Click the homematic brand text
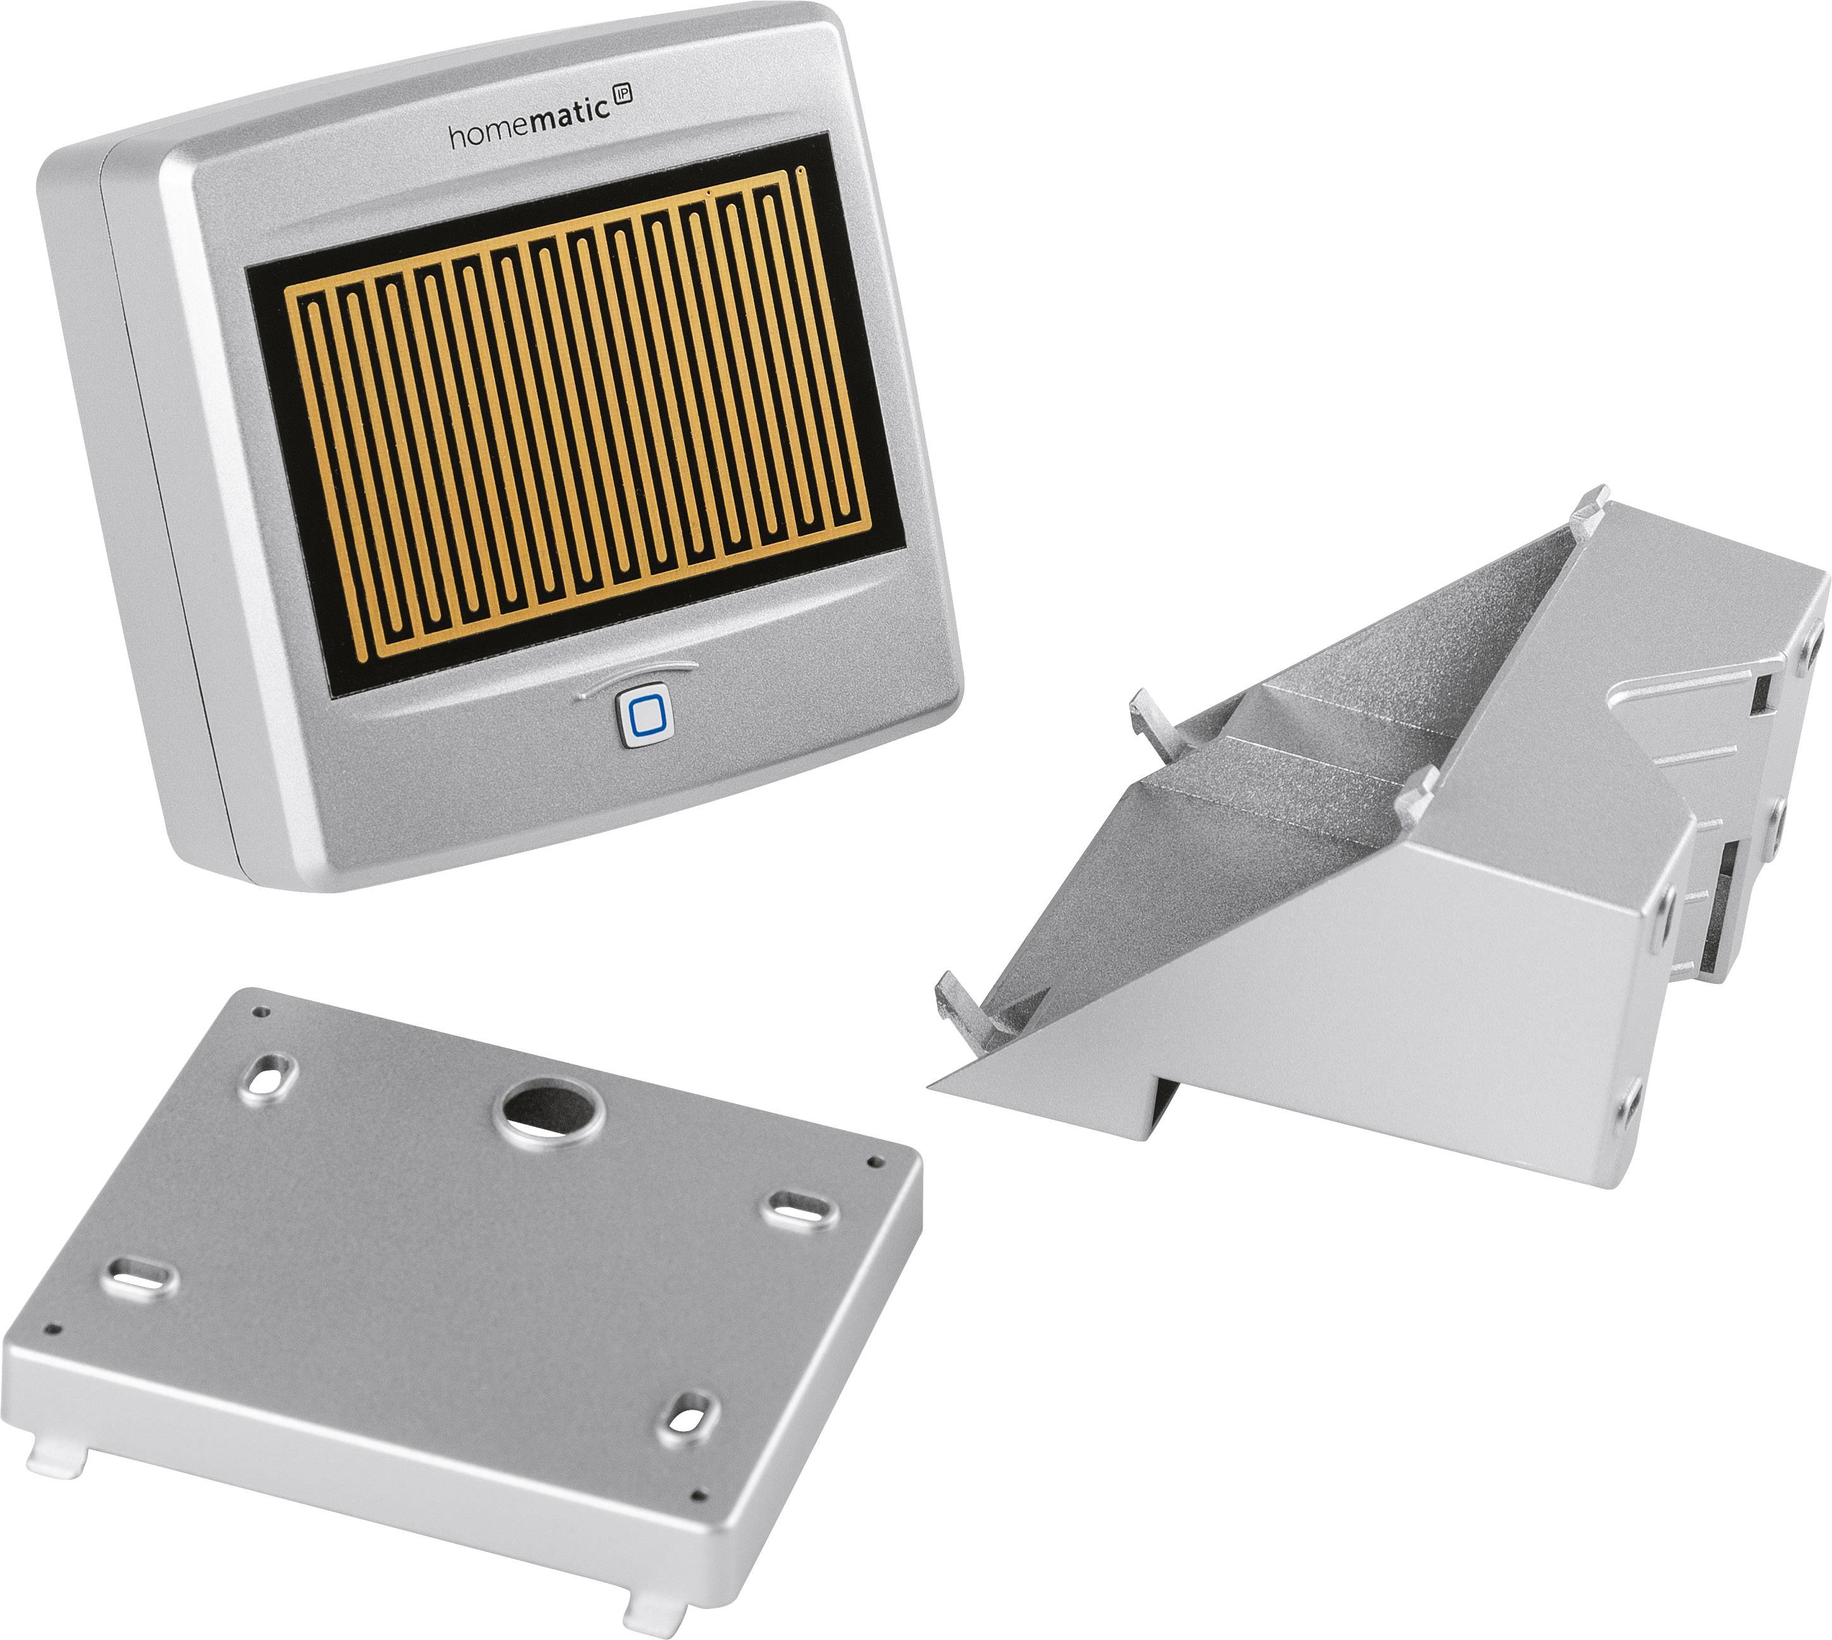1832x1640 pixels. coord(527,132)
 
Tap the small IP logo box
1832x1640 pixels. coord(621,95)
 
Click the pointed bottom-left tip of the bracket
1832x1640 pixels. coord(937,1088)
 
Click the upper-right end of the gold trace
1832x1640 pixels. coord(801,170)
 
